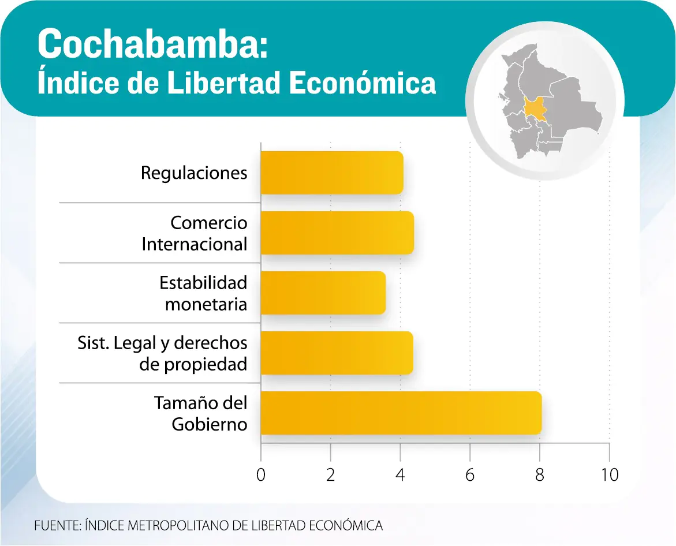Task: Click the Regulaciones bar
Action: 331,173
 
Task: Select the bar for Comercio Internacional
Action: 337,233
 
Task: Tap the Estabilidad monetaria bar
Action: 323,293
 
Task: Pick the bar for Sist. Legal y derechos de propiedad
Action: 337,353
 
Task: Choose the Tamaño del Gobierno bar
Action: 401,413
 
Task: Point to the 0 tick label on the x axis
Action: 261,474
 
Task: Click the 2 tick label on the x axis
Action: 331,474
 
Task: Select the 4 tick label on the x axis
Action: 401,474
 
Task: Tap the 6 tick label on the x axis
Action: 470,474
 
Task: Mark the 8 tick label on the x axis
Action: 540,474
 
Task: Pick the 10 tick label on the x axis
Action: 608,474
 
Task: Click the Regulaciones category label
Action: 194,173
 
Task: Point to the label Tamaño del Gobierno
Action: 201,413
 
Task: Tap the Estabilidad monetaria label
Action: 203,293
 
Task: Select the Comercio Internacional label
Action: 195,233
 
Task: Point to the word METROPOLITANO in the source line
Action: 178,525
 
